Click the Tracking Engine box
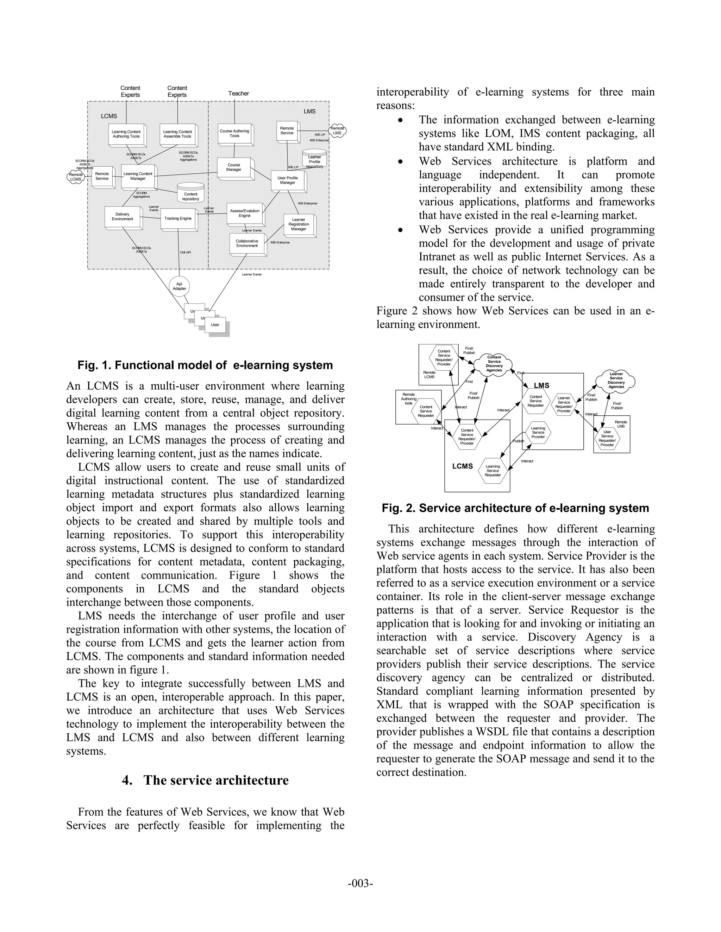coord(178,218)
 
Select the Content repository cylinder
coord(190,193)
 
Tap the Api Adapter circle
coord(180,286)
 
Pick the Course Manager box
coord(234,167)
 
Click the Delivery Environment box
coord(123,217)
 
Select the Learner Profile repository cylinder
coord(314,160)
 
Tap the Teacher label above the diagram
coord(238,94)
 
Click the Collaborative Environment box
coord(247,243)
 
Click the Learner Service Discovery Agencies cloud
coord(616,381)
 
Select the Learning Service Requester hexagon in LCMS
coord(493,471)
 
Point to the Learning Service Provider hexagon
coord(538,432)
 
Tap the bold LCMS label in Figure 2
coord(463,466)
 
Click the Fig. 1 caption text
coord(205,365)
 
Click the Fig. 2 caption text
coord(515,508)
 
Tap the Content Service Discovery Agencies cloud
coord(494,364)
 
